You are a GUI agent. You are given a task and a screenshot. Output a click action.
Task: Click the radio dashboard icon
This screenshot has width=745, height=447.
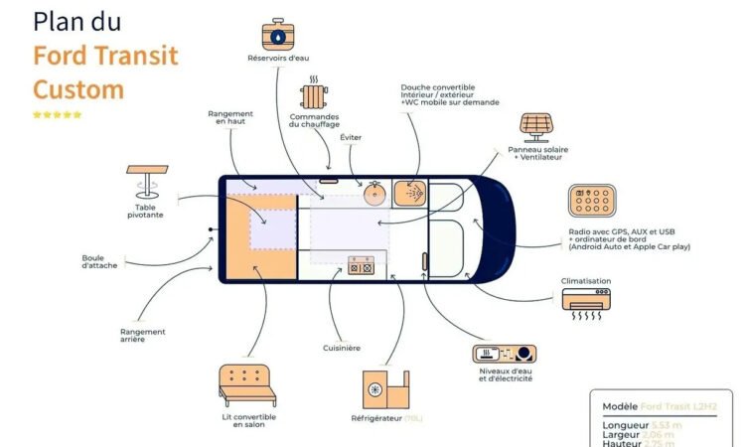coord(594,203)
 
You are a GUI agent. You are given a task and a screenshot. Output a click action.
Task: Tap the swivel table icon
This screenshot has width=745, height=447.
coord(145,184)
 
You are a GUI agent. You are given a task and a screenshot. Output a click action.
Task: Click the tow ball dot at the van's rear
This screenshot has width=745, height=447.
coord(211,229)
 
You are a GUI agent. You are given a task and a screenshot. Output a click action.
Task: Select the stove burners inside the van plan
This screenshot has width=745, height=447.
coord(361,266)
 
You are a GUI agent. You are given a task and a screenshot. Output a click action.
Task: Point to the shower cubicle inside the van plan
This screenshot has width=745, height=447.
coord(410,193)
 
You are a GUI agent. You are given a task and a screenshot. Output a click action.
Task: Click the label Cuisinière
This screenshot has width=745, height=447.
coord(341,348)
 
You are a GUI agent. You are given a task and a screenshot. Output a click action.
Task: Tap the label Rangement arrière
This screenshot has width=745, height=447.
coord(142,336)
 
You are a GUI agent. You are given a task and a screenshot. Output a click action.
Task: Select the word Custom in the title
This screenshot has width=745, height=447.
coord(78,88)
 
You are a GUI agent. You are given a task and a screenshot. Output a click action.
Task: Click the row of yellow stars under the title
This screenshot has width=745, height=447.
coord(58,114)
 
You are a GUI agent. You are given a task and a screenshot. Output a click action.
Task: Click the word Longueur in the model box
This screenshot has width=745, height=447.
coord(626,425)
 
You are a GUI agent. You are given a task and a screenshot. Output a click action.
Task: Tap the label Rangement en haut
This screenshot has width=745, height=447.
coord(230,118)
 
